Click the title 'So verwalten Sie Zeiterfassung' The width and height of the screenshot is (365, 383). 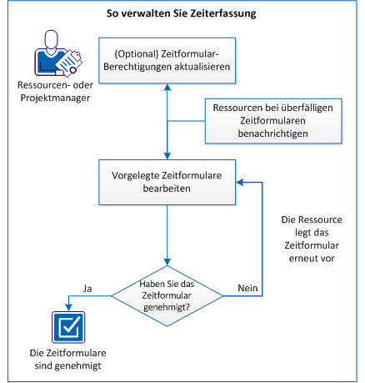(x=182, y=14)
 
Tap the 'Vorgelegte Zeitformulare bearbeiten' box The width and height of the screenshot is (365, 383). (x=167, y=182)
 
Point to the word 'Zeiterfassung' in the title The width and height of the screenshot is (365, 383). (x=217, y=14)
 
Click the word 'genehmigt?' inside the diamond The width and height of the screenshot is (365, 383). (x=168, y=308)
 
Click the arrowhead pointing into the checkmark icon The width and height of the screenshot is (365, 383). (x=64, y=306)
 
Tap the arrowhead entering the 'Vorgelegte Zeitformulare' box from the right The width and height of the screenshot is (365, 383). (x=238, y=182)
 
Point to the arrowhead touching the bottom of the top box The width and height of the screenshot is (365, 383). (x=167, y=88)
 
